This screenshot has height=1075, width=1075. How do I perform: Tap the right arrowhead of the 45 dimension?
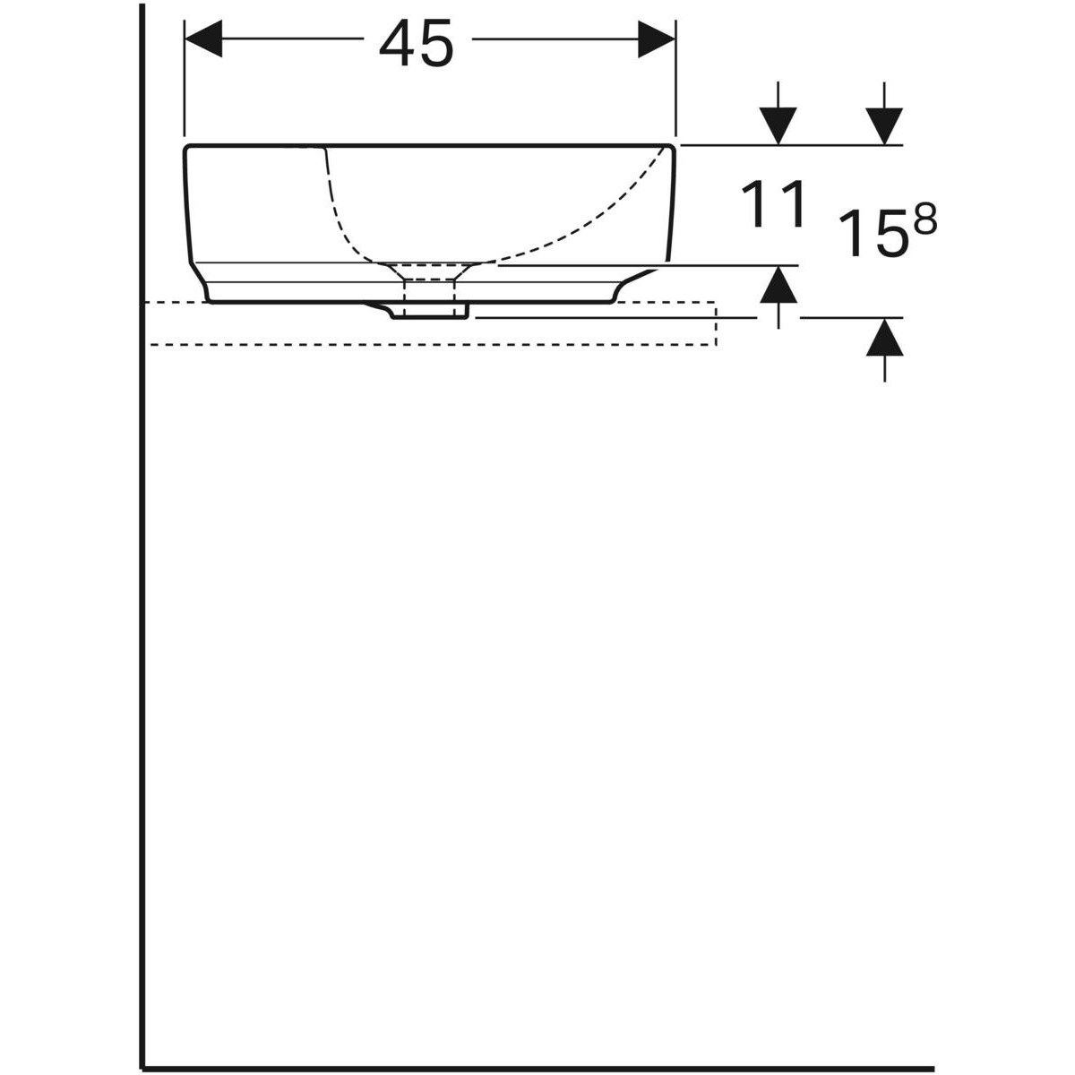[x=656, y=39]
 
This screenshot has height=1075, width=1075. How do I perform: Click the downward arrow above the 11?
[x=778, y=122]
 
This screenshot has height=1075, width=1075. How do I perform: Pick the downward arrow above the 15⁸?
[x=884, y=122]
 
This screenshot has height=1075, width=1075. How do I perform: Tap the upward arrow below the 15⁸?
[x=884, y=340]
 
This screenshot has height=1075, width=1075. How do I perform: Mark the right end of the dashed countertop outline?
[x=715, y=323]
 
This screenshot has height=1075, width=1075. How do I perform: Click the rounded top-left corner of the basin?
[x=188, y=148]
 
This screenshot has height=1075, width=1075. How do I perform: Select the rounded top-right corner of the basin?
[x=670, y=148]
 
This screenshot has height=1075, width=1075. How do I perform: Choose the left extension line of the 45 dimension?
[x=184, y=81]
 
